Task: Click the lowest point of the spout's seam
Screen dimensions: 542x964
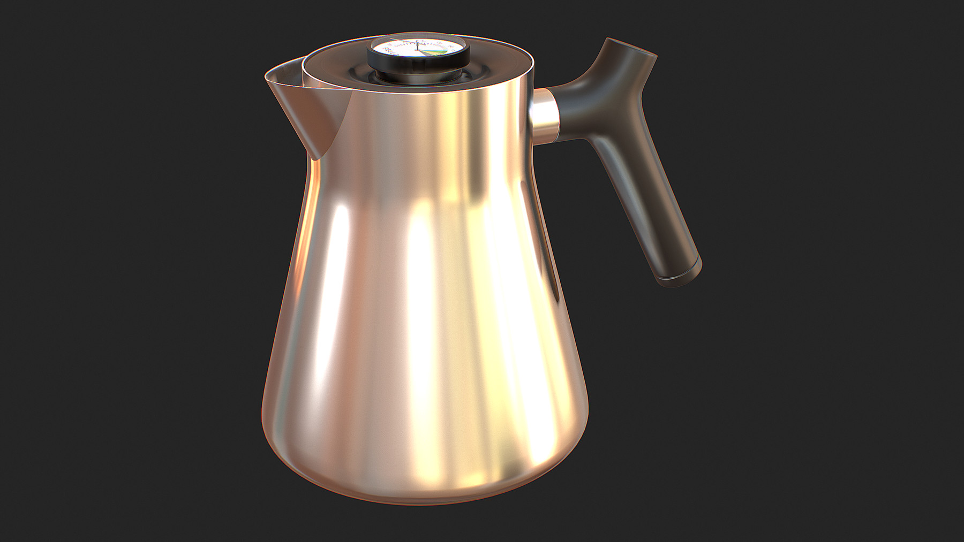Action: click(316, 159)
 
